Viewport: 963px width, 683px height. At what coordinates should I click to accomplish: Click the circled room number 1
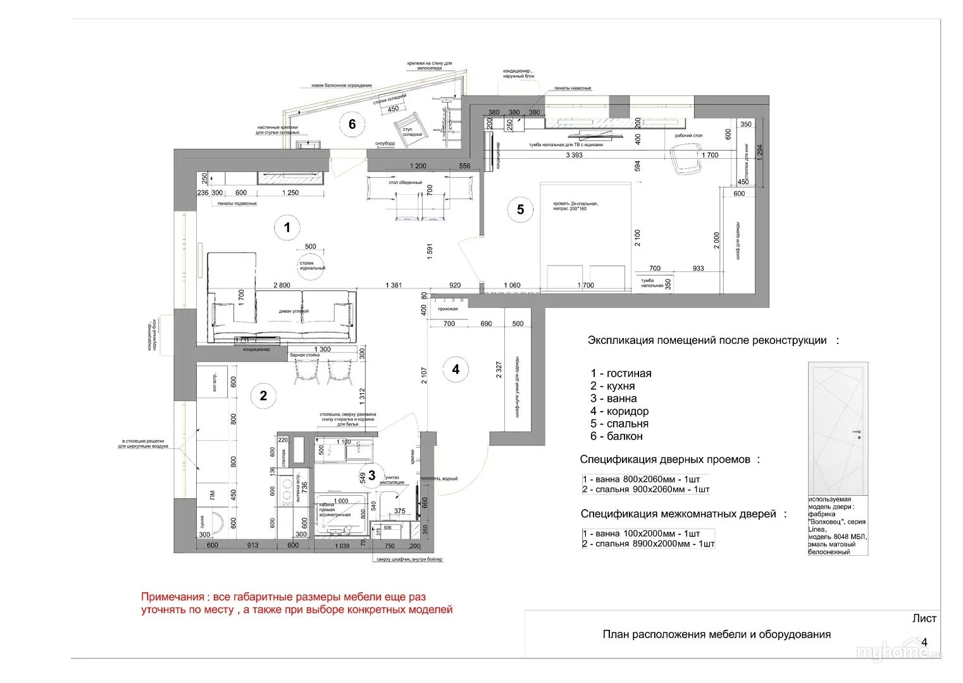287,227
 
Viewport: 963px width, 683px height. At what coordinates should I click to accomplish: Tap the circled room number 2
263,396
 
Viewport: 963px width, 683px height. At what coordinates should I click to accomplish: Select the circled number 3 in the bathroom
371,475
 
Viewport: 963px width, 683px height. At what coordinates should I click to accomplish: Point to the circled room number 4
456,369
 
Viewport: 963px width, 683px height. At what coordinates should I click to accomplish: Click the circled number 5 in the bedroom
520,209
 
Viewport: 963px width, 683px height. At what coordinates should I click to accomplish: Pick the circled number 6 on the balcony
352,124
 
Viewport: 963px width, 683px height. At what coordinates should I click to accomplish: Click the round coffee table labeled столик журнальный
311,265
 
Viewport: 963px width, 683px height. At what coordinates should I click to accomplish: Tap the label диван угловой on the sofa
294,311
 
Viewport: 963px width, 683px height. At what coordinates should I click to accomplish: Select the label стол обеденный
406,182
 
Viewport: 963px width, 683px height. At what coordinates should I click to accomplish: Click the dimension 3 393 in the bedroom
574,155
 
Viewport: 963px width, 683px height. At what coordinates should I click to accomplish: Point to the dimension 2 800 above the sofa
282,285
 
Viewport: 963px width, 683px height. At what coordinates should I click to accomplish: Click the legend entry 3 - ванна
613,398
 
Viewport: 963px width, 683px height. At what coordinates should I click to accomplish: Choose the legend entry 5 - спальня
619,424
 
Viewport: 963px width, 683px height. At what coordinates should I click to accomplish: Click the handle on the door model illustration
859,433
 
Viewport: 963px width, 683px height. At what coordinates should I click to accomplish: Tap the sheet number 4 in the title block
924,642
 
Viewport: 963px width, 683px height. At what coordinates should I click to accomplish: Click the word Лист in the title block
924,618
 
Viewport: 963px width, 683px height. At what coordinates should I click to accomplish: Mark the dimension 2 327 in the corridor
499,370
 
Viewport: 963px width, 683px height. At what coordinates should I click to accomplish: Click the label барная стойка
305,355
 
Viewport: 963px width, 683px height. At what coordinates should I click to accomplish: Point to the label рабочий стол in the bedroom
688,135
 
